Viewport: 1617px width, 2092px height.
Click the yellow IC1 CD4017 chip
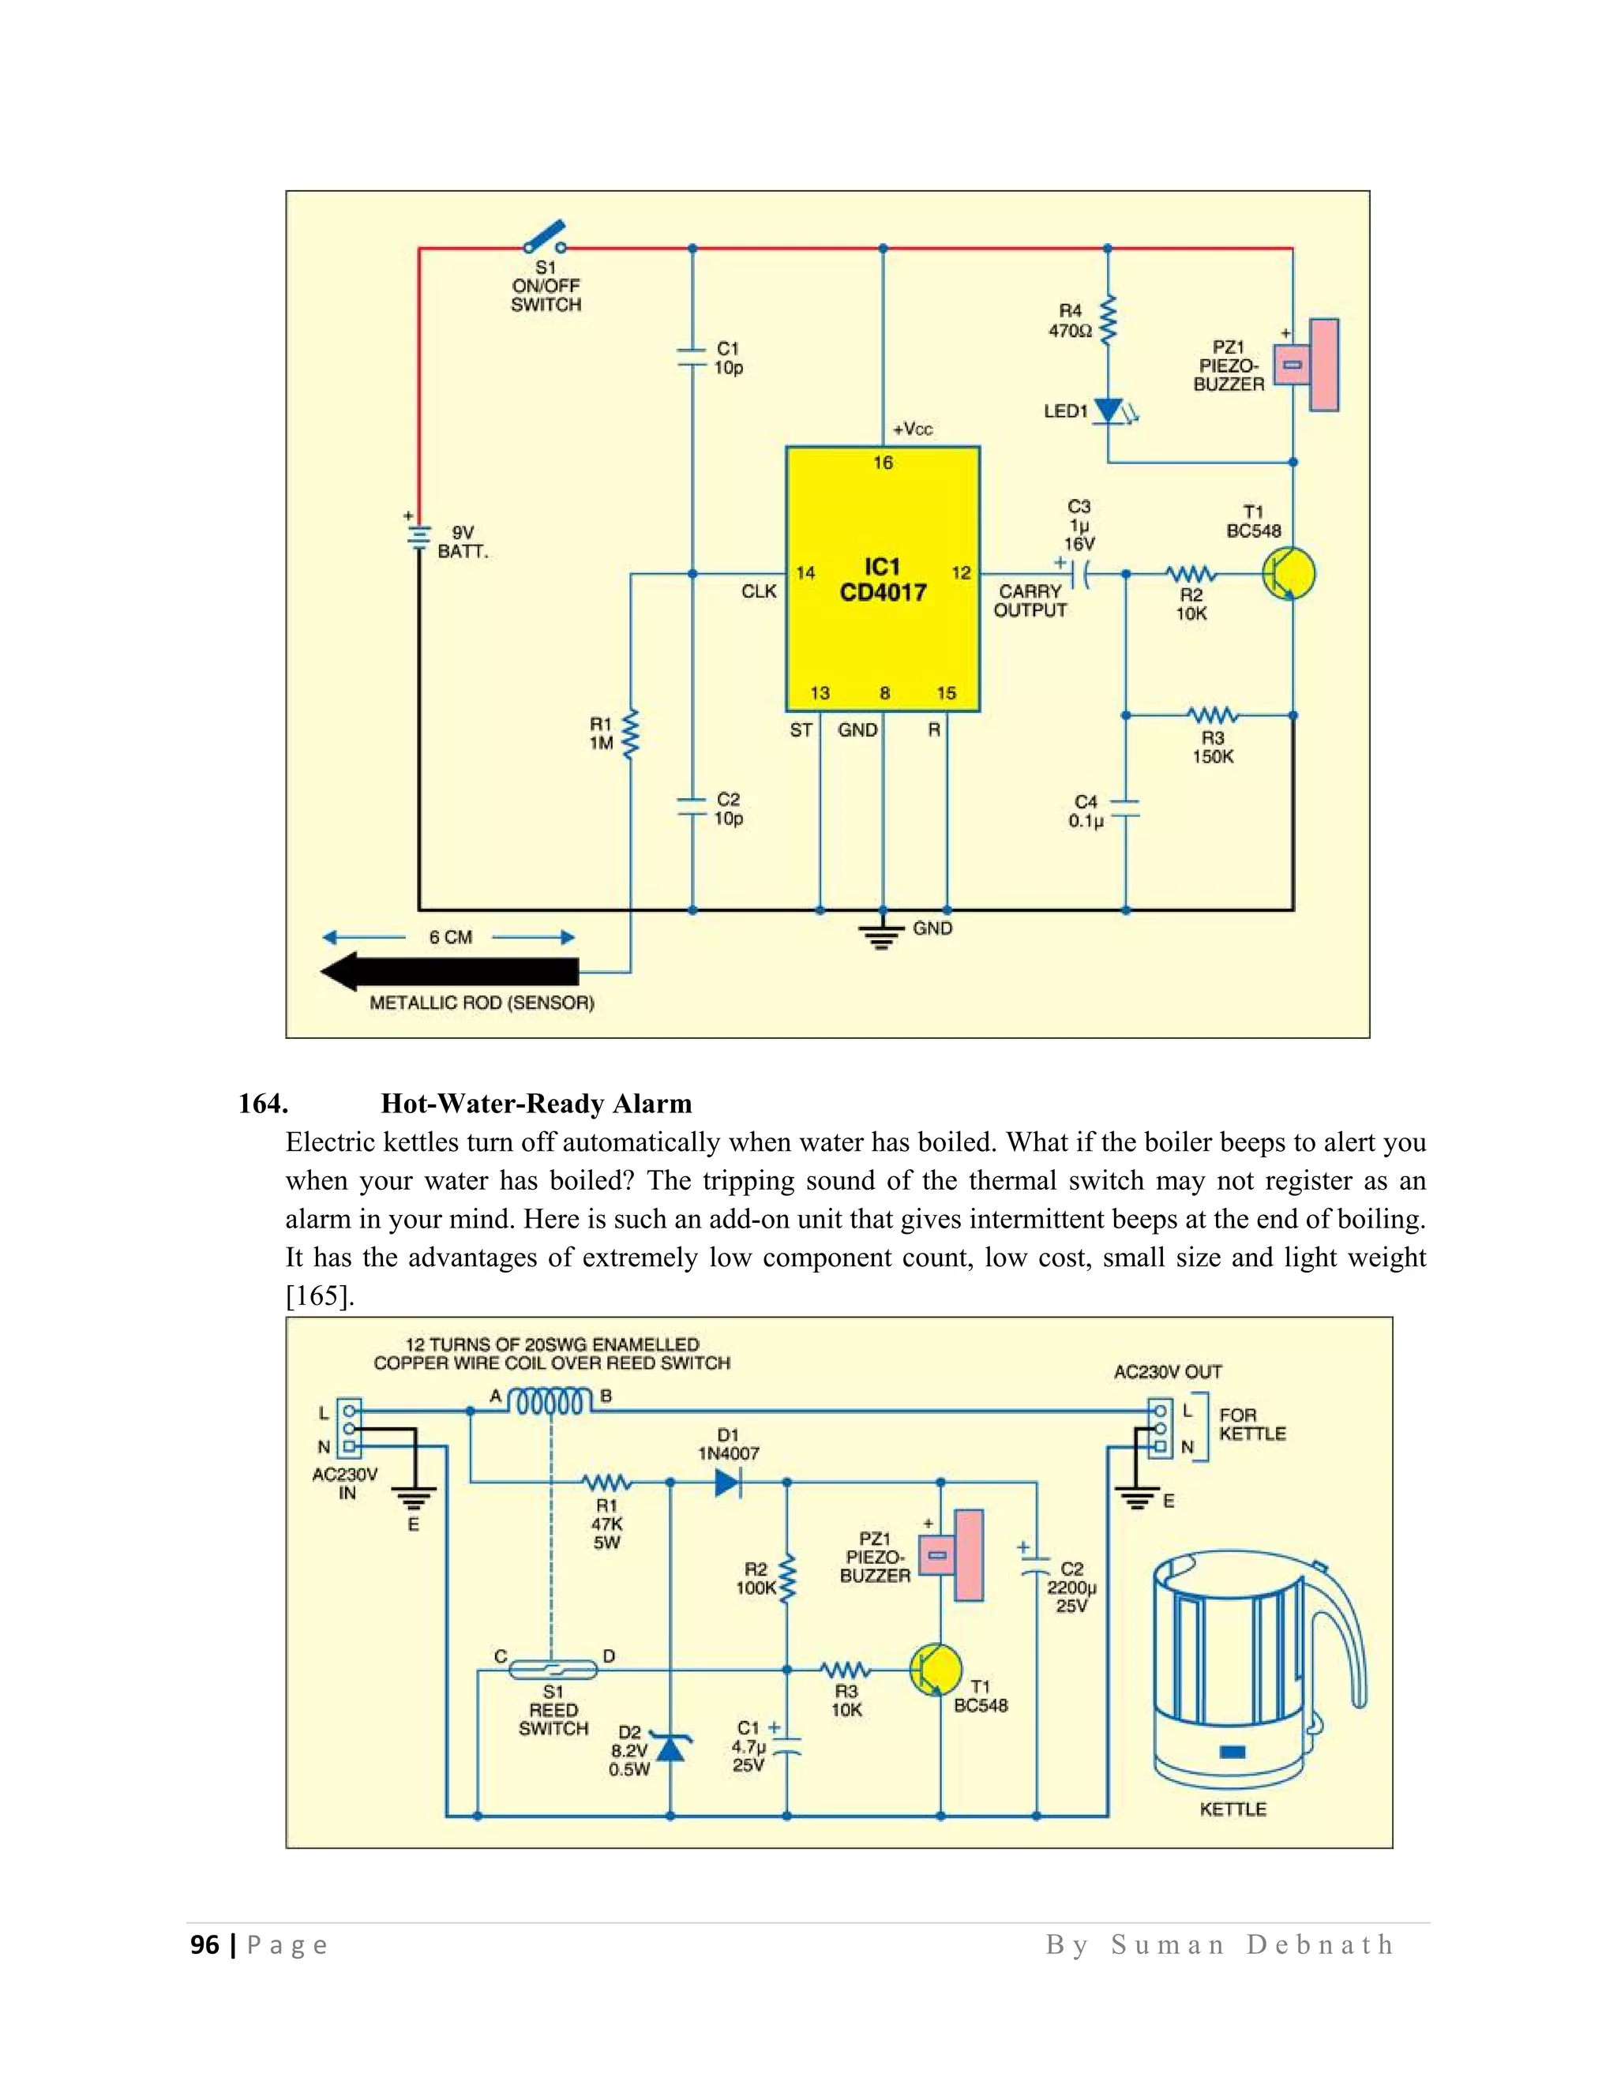pyautogui.click(x=882, y=579)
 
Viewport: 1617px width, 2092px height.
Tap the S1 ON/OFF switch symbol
pyautogui.click(x=543, y=238)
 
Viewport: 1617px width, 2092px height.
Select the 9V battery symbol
pyautogui.click(x=418, y=538)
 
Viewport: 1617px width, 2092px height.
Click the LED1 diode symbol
pyautogui.click(x=1109, y=411)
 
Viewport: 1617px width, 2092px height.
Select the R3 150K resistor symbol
pyautogui.click(x=1212, y=715)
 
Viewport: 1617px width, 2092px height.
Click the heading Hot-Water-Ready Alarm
pyautogui.click(x=535, y=1104)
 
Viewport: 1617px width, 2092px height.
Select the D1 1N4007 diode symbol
pyautogui.click(x=728, y=1482)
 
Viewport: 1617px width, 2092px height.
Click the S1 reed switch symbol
pyautogui.click(x=553, y=1670)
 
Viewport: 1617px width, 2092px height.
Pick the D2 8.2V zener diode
pyautogui.click(x=670, y=1747)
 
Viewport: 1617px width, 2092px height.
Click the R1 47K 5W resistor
pyautogui.click(x=606, y=1482)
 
